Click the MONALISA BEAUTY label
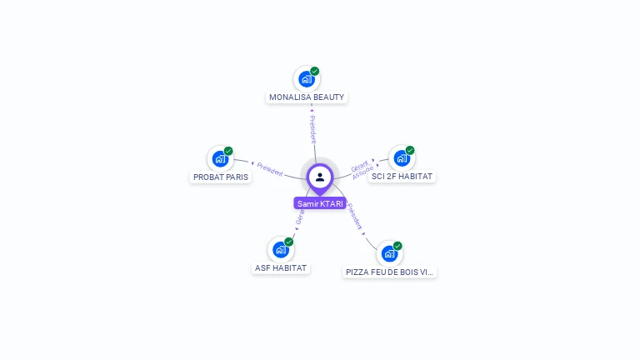307,97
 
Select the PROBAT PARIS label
221,177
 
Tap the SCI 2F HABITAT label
402,177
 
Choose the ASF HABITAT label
281,268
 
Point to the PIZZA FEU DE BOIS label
390,272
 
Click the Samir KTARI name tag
320,203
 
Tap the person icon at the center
320,177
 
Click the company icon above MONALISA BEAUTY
306,79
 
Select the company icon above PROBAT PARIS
220,158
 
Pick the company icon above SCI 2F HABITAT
402,158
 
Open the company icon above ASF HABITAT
280,249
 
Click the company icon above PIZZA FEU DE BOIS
389,253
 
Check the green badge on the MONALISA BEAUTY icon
315,71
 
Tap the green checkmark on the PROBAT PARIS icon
228,151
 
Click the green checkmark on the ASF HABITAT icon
288,242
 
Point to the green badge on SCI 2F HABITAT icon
410,150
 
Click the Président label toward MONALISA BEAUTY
312,128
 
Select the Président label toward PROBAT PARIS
270,168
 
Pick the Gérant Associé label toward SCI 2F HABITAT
361,168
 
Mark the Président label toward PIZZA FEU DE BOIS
355,217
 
